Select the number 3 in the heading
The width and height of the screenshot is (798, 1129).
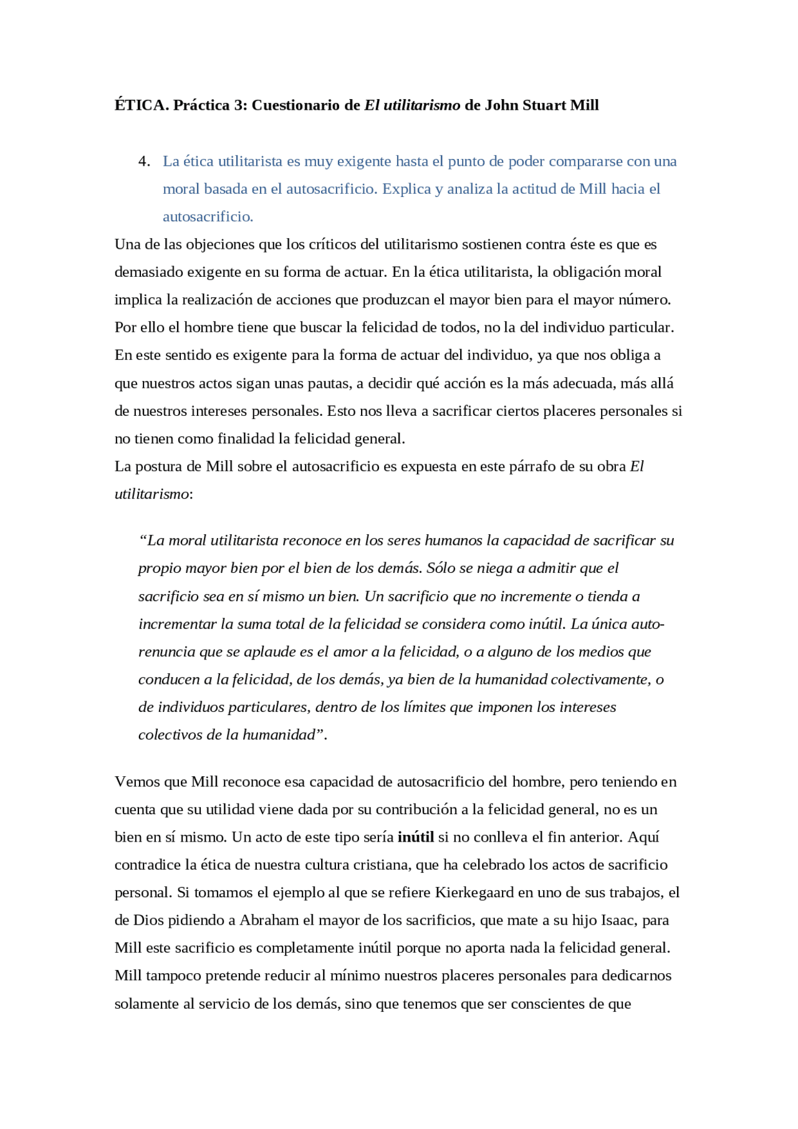click(x=239, y=105)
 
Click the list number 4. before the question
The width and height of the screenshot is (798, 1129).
click(x=144, y=161)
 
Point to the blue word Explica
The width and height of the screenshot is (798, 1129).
click(x=405, y=189)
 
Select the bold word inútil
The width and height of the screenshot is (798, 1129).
click(x=416, y=837)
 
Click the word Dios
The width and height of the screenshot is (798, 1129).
click(x=148, y=920)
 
